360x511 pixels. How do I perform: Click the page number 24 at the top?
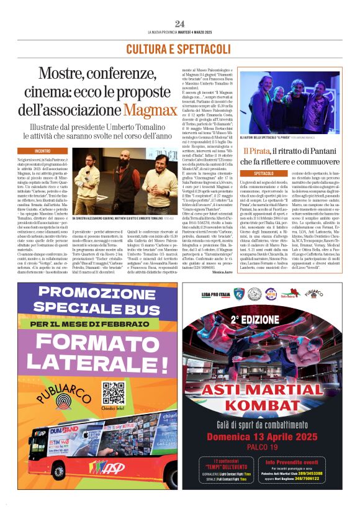pyautogui.click(x=180, y=24)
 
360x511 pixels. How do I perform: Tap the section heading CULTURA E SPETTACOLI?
pyautogui.click(x=180, y=49)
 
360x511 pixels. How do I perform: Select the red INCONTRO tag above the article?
pyautogui.click(x=43, y=151)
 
